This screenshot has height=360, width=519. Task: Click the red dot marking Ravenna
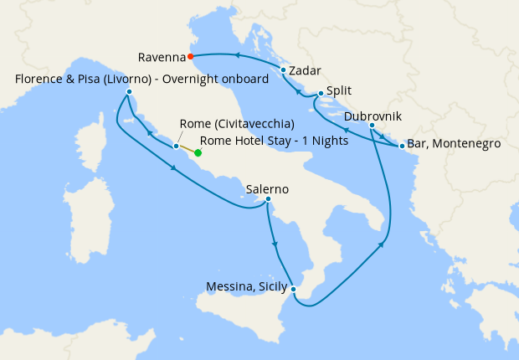192,57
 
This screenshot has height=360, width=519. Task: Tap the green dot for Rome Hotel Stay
198,153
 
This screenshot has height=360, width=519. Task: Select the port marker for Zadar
284,70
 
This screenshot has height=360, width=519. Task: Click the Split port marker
321,95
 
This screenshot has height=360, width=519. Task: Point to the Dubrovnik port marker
372,126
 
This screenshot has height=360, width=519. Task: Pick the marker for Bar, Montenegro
402,147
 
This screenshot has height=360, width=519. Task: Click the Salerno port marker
268,199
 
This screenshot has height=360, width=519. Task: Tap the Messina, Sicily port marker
293,290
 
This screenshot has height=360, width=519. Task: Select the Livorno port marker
130,91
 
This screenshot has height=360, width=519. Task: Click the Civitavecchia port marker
176,147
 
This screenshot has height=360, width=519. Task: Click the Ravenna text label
162,58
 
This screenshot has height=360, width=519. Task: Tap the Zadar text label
306,71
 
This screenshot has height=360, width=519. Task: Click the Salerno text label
267,189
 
